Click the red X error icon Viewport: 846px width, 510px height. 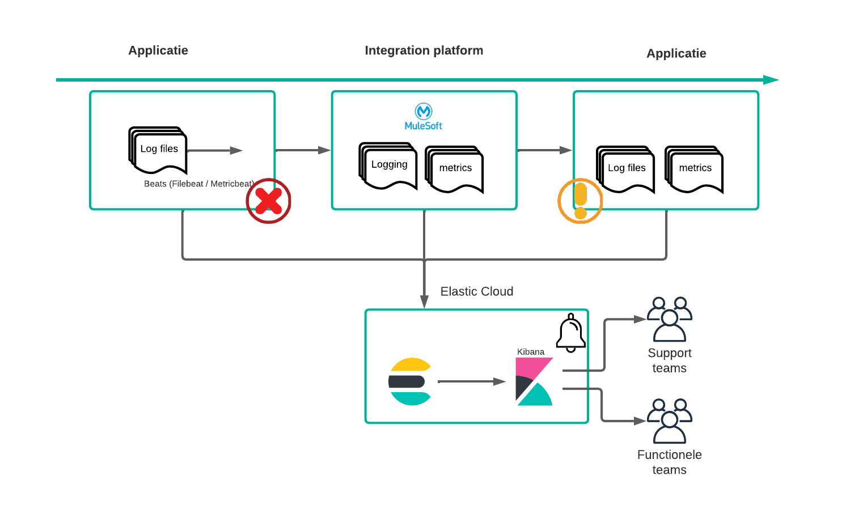pos(268,201)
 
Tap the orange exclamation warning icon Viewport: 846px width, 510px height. pos(580,201)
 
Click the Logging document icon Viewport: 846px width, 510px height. pos(388,165)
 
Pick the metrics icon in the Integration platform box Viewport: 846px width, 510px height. pos(455,169)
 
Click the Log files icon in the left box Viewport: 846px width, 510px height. pos(158,150)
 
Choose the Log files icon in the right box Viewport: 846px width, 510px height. pos(626,169)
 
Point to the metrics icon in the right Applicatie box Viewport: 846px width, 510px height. pos(695,169)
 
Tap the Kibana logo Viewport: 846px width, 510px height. pos(534,381)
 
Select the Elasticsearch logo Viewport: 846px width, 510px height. pos(410,381)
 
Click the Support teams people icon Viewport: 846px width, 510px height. pos(670,319)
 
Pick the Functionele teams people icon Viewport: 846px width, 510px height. pos(670,421)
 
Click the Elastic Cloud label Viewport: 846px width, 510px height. pos(477,291)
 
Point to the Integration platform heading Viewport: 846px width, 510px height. pos(424,50)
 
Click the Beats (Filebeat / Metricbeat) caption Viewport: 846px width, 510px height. pos(198,184)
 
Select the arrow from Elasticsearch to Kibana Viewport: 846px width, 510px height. pos(471,381)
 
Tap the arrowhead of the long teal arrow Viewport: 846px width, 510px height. pos(771,80)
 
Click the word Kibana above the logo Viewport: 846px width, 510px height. pos(531,352)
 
